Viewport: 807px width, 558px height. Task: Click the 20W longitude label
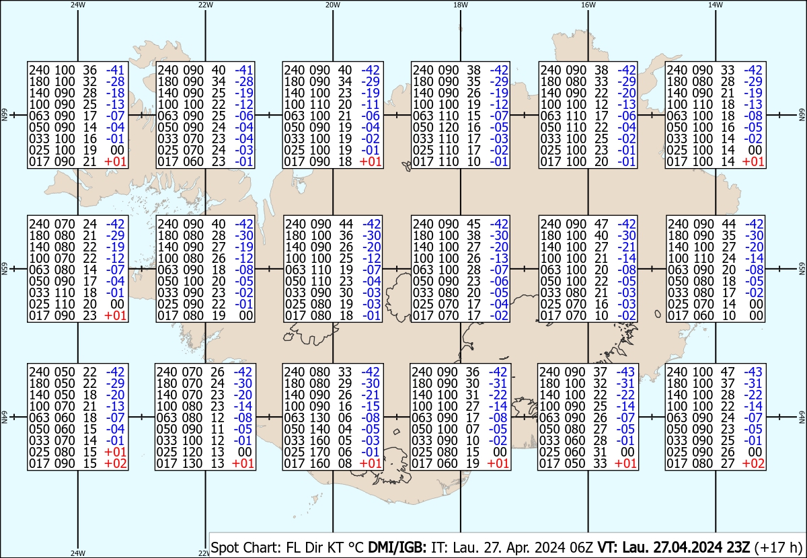tap(332, 5)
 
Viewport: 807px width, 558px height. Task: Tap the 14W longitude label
tap(715, 5)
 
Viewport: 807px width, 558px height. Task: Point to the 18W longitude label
tap(461, 5)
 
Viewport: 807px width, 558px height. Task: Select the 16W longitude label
tap(588, 5)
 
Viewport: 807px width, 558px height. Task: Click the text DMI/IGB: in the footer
tap(397, 547)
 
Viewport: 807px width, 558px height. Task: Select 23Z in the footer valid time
tap(735, 547)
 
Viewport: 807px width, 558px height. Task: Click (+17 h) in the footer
tap(778, 547)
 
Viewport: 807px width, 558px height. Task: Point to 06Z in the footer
tap(581, 547)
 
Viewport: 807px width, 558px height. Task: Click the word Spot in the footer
tap(223, 547)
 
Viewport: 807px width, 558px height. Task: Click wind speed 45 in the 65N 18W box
tap(473, 224)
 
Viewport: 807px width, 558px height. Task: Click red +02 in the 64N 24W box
tap(115, 463)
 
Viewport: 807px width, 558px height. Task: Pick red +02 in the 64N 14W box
tap(753, 463)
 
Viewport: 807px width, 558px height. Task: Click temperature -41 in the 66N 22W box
tap(244, 70)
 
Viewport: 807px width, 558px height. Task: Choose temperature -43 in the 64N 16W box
tap(625, 372)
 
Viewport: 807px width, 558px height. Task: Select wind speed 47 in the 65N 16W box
tap(601, 224)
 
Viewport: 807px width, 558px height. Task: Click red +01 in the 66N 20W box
tap(371, 161)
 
